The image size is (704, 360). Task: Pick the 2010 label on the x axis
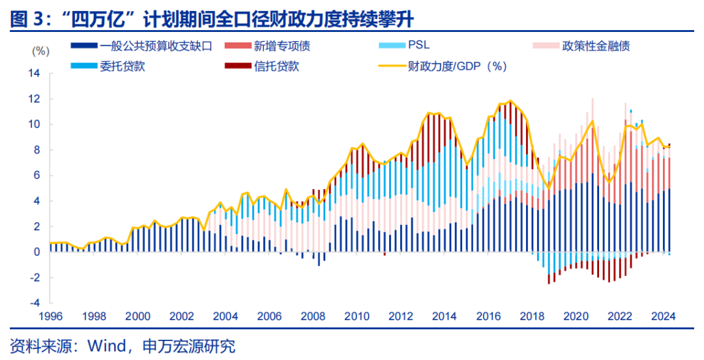(x=357, y=317)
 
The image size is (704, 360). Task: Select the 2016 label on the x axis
(x=488, y=317)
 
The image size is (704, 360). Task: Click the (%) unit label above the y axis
(x=40, y=51)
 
